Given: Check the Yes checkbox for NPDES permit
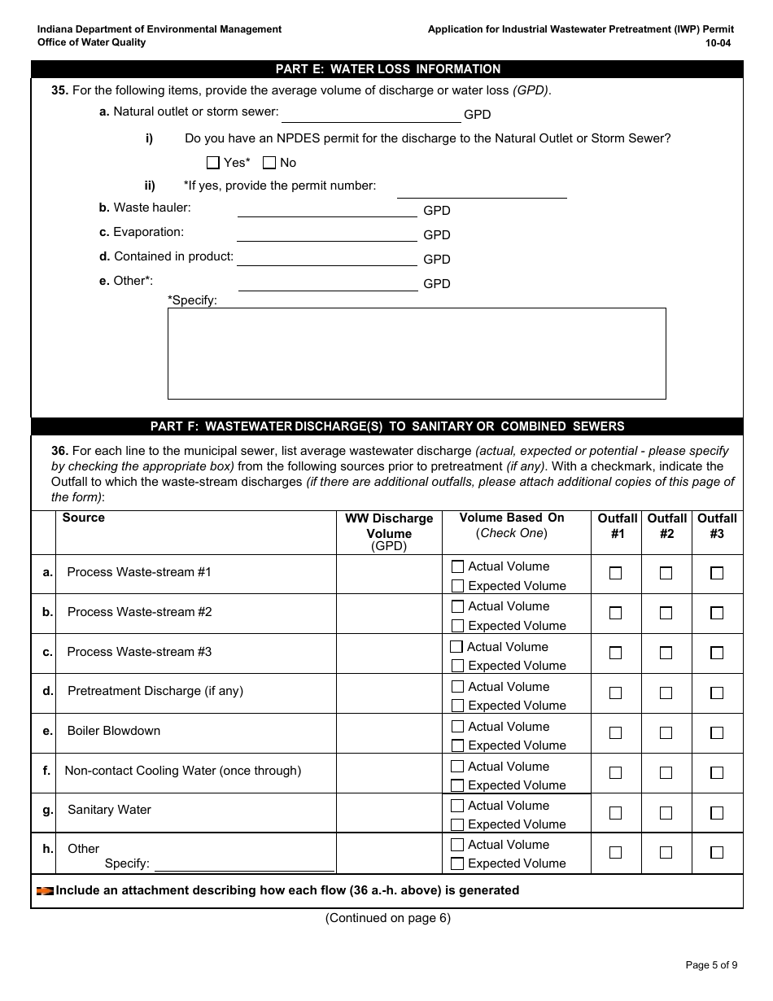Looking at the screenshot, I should pos(213,163).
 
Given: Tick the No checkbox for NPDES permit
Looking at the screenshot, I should pos(269,163).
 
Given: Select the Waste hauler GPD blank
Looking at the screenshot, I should pos(326,210).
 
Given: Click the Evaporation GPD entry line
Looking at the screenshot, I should pos(326,234).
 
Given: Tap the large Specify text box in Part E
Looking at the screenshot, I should pos(417,353).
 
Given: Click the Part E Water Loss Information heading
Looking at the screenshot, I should pos(387,69).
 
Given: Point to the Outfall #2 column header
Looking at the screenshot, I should pos(666,526).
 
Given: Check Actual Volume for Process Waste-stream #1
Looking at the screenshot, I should pos(458,566).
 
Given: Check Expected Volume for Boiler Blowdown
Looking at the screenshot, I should pos(458,745).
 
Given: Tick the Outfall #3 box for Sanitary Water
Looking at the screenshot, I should pos(717,813).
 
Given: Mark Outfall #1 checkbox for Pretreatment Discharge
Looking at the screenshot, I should pos(616,693).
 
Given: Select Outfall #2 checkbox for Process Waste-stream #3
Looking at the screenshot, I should pos(666,653).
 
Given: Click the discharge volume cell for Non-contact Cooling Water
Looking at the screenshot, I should pos(389,773).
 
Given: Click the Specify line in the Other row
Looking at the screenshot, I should pos(244,864).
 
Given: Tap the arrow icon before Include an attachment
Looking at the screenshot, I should pos(45,891).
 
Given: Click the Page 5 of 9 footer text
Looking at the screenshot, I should pos(711,966).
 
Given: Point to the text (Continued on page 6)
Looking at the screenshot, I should pos(387,918).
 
